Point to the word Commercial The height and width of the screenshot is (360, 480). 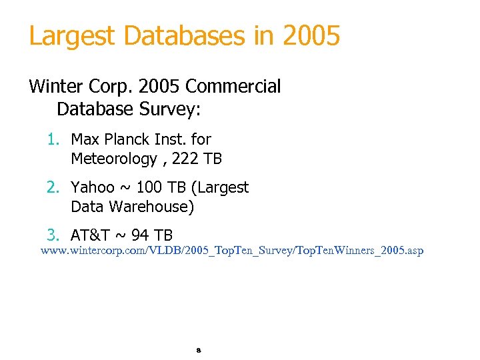click(233, 87)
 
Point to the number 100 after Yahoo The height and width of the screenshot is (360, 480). click(151, 187)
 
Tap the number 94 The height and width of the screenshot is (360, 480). click(138, 235)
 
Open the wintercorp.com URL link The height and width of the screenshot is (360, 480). click(232, 251)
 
